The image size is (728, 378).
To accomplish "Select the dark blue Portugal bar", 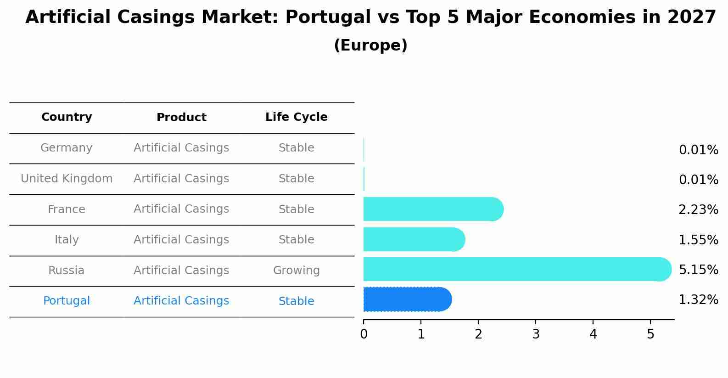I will [407, 299].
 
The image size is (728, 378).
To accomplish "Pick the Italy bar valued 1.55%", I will [414, 239].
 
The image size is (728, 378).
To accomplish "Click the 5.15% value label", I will [698, 270].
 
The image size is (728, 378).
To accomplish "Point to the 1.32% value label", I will [698, 300].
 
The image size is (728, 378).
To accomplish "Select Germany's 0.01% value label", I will [698, 150].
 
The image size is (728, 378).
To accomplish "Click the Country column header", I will [67, 117].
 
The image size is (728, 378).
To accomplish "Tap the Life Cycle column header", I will [296, 117].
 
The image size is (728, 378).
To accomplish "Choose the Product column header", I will [181, 118].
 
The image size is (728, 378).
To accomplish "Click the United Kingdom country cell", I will [67, 179].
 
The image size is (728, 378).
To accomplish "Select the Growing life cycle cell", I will [296, 271].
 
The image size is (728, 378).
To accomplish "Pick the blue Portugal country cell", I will [67, 301].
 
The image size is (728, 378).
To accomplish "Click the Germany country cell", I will [67, 148].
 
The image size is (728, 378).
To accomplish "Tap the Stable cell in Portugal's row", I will [296, 301].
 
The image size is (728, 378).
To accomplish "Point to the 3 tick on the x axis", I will [536, 334].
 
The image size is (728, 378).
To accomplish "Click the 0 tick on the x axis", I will [364, 334].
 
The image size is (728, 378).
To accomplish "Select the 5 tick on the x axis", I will [650, 334].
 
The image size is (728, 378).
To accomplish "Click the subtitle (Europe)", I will [370, 45].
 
